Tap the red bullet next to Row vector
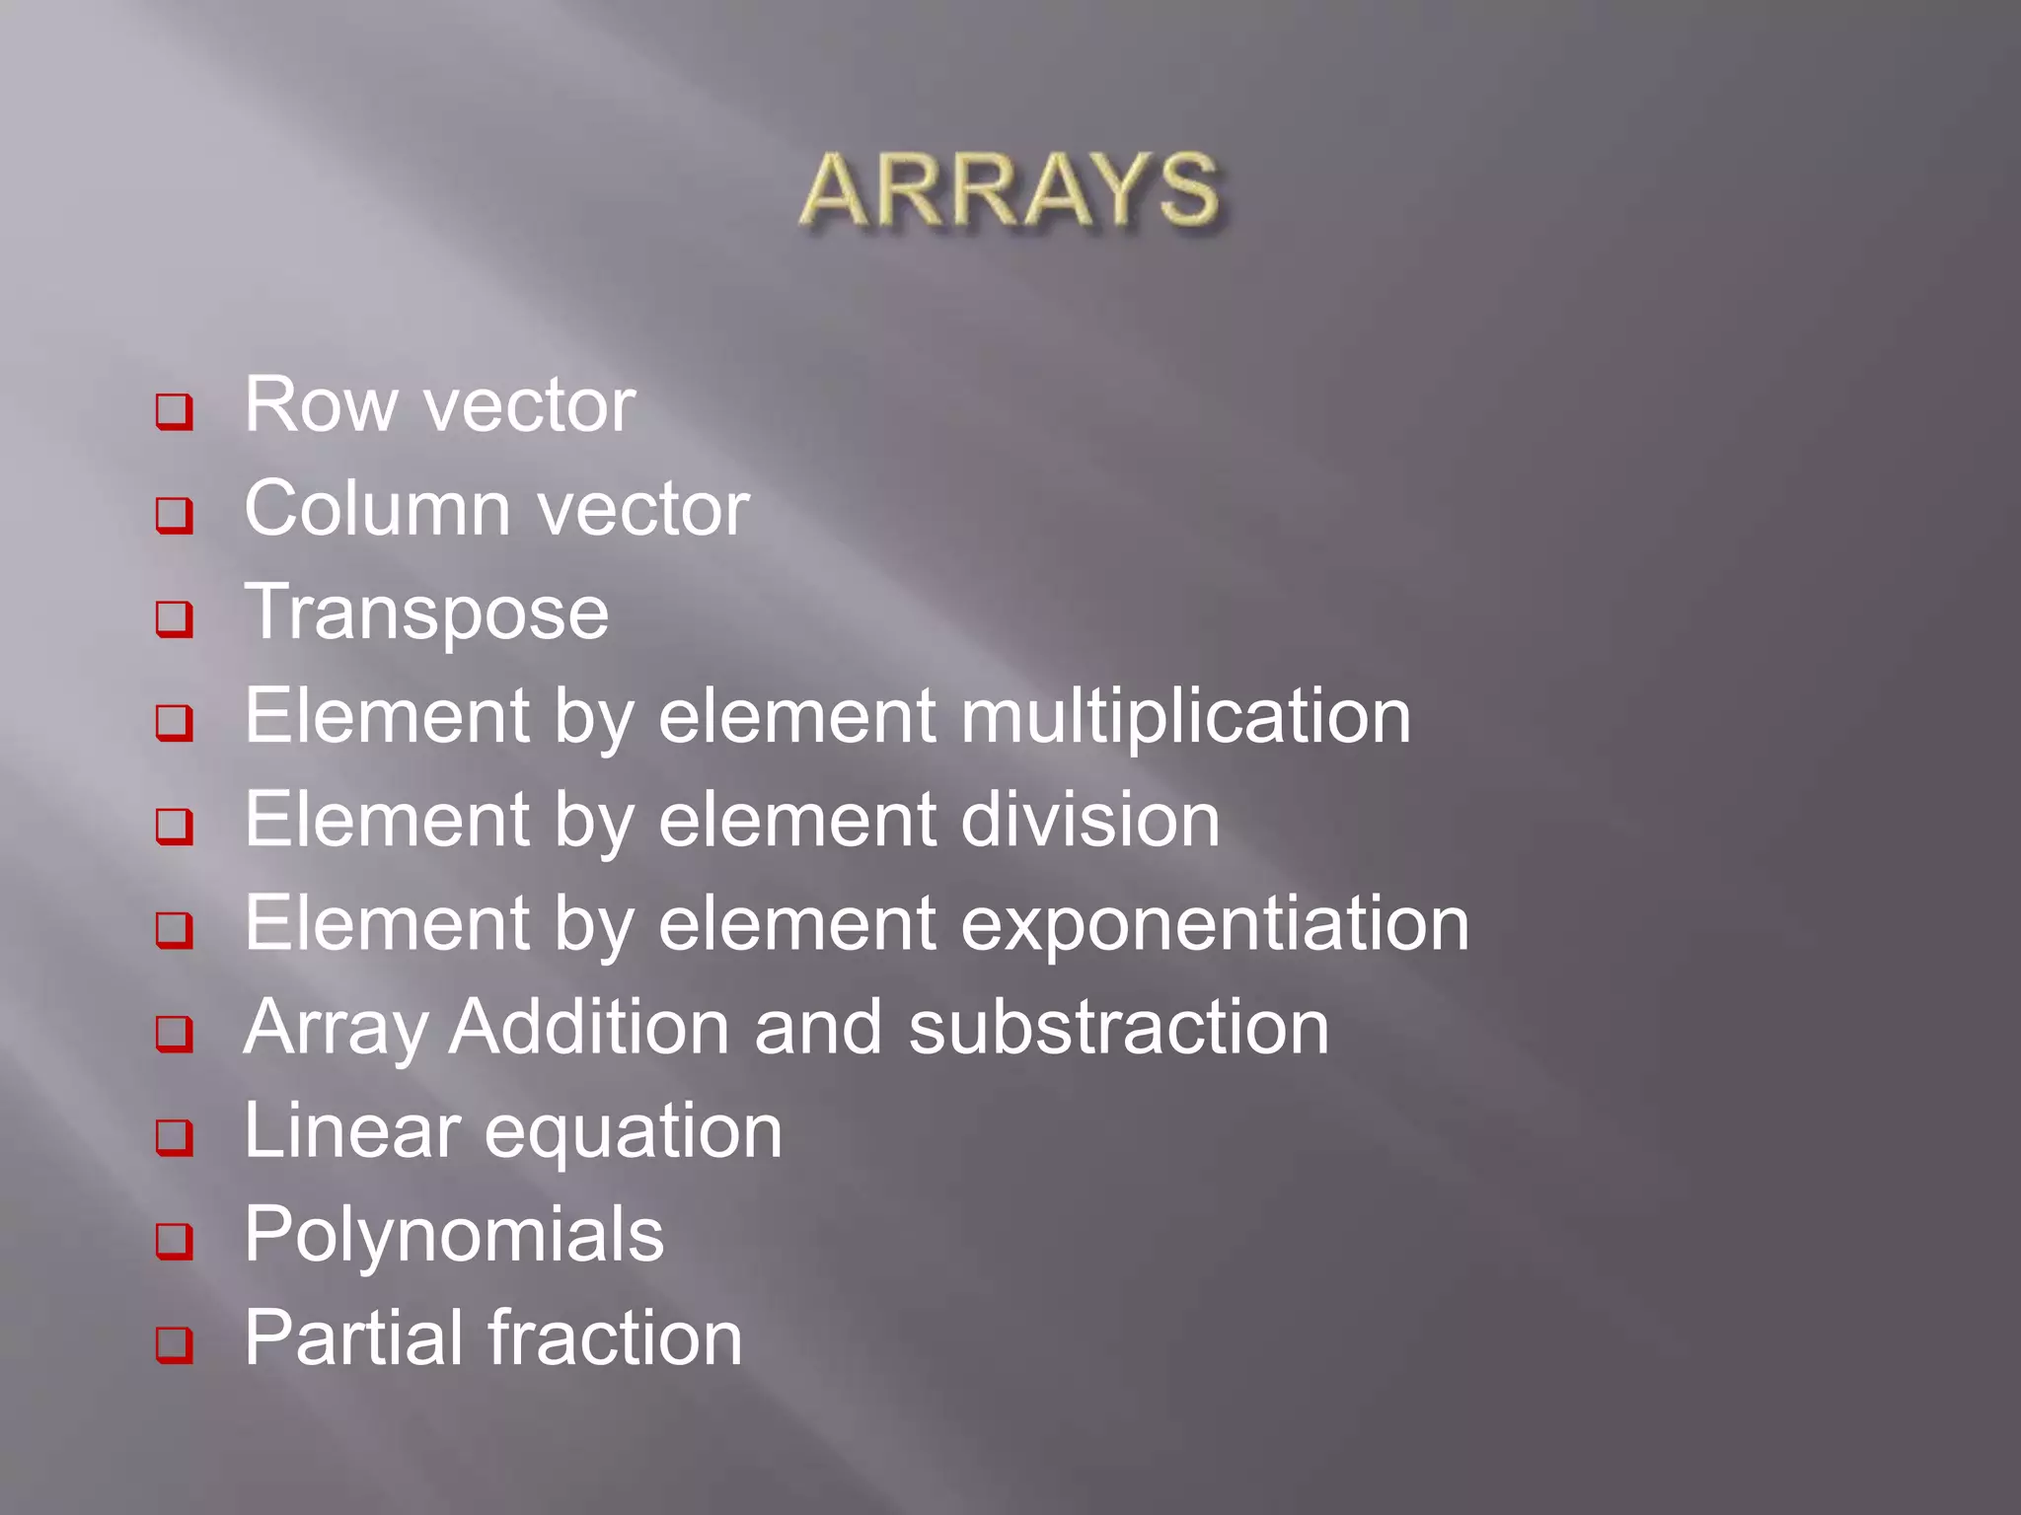coord(175,411)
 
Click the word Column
coord(378,509)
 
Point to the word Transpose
coord(426,613)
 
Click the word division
coord(1089,821)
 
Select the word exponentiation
coord(1214,925)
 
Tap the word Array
coord(336,1029)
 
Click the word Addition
coord(589,1028)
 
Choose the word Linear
coord(351,1131)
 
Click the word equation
coord(633,1133)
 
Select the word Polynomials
coord(454,1236)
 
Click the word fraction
coord(616,1339)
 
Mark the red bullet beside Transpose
coord(175,619)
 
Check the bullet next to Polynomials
coord(175,1241)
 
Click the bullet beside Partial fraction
coord(175,1344)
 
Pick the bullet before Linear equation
coord(175,1137)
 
